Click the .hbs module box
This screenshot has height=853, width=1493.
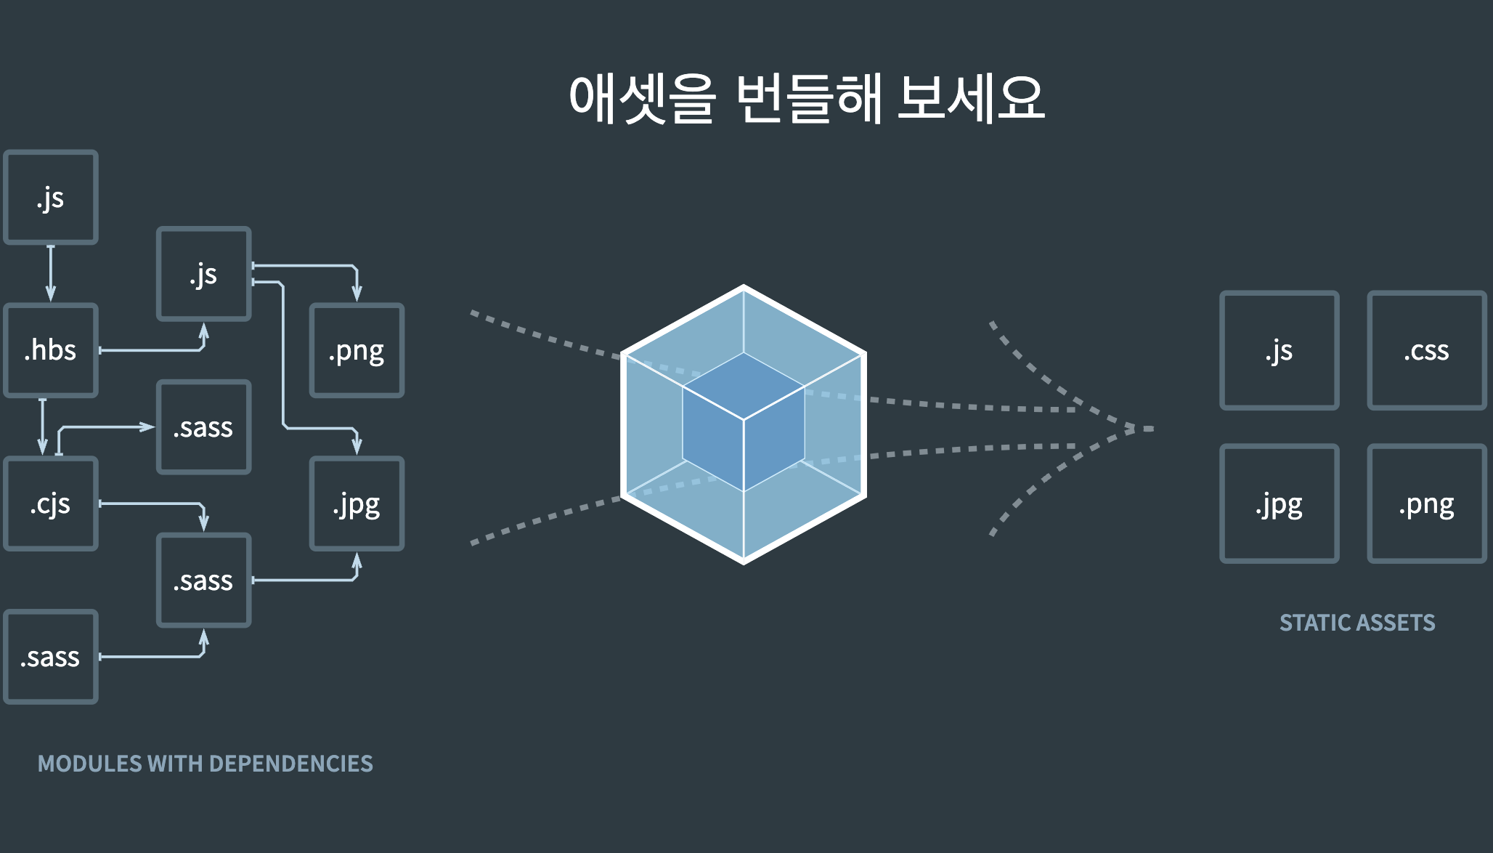[51, 350]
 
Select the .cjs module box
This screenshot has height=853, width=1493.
[51, 504]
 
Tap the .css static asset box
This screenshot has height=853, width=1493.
[1426, 350]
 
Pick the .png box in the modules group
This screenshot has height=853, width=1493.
[357, 350]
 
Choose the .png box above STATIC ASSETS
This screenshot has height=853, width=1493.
[1426, 504]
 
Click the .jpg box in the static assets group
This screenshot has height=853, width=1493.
[1279, 504]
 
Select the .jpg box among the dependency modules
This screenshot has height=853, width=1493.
[357, 504]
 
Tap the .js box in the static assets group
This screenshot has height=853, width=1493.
[1279, 350]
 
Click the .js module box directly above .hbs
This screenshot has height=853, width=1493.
[51, 197]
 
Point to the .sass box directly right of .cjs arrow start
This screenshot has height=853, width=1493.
[204, 427]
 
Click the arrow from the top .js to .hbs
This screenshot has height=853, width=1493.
[51, 273]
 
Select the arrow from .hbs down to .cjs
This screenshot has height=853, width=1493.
[43, 426]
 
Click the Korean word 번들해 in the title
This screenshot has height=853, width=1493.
[808, 98]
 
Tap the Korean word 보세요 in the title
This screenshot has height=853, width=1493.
[971, 98]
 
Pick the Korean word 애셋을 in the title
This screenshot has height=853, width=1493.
[642, 98]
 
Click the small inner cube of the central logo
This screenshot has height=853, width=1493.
[744, 421]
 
